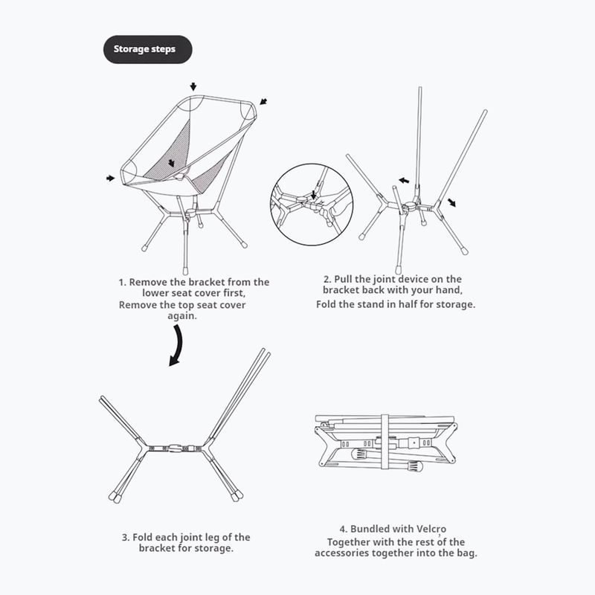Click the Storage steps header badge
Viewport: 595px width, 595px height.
[147, 49]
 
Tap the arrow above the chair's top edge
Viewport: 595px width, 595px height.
[193, 86]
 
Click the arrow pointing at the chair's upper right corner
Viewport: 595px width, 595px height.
[263, 102]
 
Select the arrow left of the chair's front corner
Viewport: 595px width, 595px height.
[110, 178]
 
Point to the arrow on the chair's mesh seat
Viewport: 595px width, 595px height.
[171, 163]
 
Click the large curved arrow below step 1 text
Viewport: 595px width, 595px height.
[178, 346]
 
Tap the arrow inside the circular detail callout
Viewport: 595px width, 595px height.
[313, 195]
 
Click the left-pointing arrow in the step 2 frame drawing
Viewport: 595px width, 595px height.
[404, 180]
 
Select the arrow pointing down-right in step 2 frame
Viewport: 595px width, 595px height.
[451, 202]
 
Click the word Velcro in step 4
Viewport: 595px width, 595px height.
[431, 529]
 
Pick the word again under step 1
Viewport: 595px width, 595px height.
[182, 316]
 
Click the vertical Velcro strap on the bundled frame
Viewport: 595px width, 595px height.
[385, 441]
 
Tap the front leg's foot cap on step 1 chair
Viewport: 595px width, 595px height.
[185, 271]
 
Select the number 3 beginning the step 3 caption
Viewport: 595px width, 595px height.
[125, 537]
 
